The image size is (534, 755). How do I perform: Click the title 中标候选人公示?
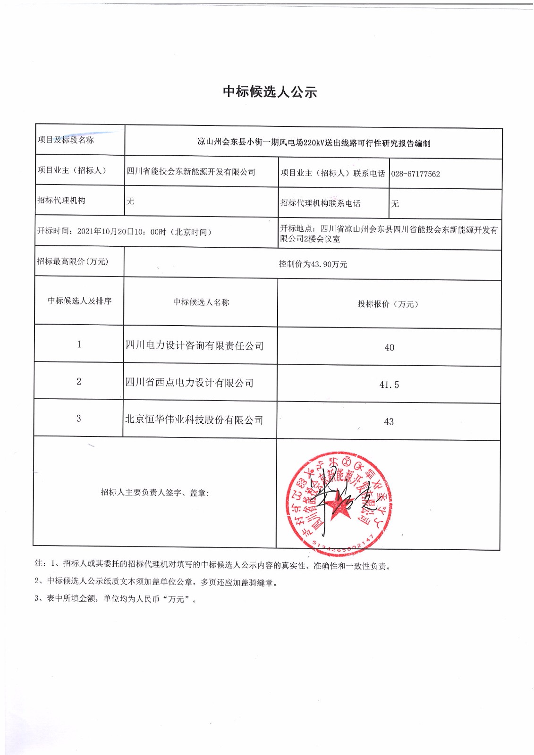tap(270, 92)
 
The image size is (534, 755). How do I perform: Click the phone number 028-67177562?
tap(415, 174)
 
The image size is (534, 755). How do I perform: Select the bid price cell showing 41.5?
tap(389, 385)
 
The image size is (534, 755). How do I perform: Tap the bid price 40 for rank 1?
tap(389, 348)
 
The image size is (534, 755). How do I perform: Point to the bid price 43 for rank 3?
tap(389, 422)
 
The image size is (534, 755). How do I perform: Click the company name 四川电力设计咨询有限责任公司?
tap(195, 346)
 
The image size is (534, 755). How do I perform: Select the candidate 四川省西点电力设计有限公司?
tap(189, 383)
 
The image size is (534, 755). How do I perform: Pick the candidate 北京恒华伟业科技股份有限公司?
tap(194, 420)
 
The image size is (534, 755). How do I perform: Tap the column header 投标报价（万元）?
tap(388, 304)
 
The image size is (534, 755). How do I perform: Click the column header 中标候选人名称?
tap(201, 302)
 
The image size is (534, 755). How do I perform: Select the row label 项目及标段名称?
tap(66, 140)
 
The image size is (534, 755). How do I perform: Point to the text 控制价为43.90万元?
tap(313, 264)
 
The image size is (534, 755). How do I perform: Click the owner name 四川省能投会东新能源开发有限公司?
tap(191, 172)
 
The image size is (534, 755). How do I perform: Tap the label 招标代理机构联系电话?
tap(320, 203)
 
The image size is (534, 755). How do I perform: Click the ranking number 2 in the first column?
tap(79, 381)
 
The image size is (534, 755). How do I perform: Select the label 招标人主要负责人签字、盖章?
tap(155, 493)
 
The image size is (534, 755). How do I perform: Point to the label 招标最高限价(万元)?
tap(73, 261)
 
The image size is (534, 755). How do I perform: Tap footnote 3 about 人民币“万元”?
tap(116, 599)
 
